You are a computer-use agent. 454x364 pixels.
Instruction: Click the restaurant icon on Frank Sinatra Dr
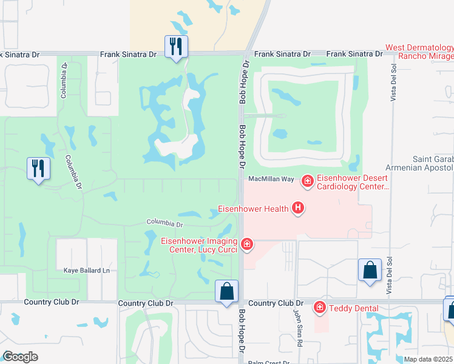176,46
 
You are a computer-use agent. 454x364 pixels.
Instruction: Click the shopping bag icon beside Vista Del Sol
370,270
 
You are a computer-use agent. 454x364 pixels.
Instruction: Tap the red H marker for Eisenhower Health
297,208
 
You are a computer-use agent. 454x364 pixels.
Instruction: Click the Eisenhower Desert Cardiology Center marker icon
308,180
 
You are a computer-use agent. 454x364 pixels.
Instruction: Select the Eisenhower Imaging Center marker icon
247,244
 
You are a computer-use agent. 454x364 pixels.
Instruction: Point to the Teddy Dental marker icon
320,308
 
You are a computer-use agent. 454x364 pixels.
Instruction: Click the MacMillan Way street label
271,179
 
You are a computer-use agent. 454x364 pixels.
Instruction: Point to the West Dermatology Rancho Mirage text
419,52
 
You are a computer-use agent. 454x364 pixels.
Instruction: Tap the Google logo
21,356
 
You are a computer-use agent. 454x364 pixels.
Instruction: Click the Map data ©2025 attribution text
428,359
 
